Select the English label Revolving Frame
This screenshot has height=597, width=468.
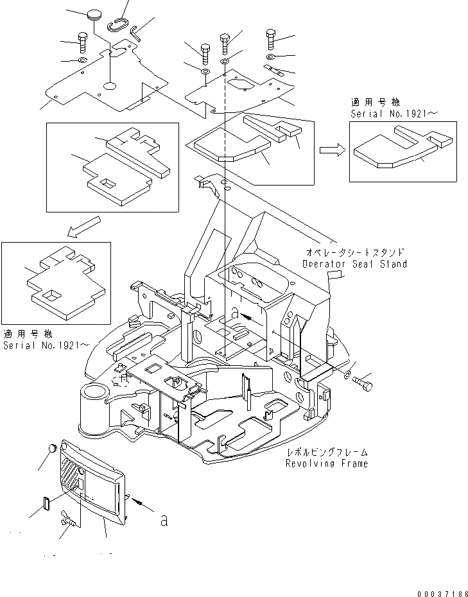(328, 463)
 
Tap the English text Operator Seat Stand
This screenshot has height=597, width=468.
(354, 264)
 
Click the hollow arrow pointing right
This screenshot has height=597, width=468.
(331, 150)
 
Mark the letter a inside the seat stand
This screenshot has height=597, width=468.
(235, 313)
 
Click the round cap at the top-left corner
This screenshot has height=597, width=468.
(95, 13)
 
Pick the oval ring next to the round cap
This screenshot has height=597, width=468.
(117, 23)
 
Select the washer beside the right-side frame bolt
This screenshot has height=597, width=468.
(347, 374)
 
